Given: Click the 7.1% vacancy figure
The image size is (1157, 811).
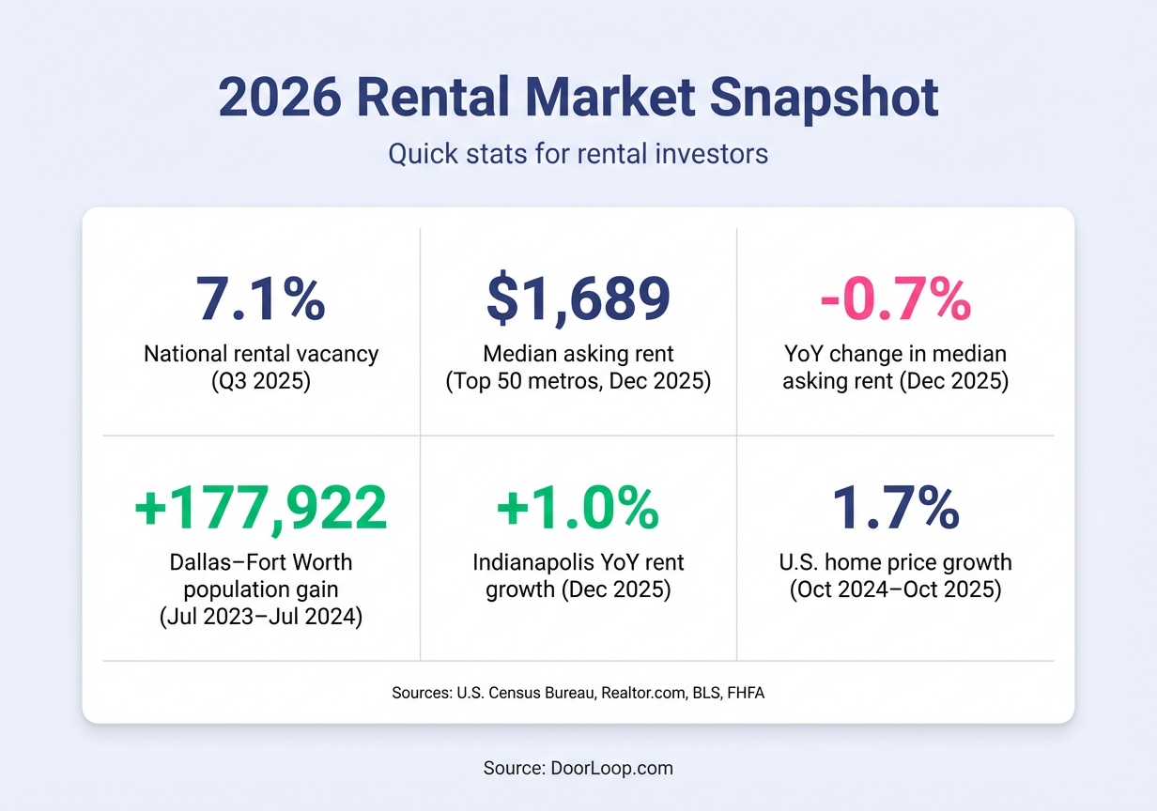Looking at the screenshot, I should click(x=261, y=298).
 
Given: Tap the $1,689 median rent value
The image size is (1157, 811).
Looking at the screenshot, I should click(x=578, y=298).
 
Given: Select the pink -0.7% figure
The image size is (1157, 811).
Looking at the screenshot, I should click(x=895, y=298).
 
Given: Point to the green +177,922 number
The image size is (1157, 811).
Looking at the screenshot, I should click(x=261, y=508).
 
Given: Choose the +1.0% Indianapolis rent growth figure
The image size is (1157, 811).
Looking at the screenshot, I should click(x=578, y=508).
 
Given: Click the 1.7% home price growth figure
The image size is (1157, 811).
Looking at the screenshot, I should click(x=895, y=508).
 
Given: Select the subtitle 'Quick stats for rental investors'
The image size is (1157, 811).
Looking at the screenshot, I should click(x=578, y=153).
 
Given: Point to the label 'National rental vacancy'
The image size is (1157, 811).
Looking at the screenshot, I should click(x=261, y=354).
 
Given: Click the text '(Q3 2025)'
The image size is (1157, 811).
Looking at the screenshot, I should click(x=261, y=381).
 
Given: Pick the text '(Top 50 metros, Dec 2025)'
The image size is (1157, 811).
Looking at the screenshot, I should click(x=578, y=381).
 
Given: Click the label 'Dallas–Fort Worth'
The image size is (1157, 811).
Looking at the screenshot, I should click(x=261, y=562).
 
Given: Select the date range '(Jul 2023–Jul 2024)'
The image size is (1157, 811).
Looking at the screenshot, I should click(x=261, y=618).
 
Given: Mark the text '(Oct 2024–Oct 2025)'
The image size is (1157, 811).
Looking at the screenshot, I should click(x=895, y=590).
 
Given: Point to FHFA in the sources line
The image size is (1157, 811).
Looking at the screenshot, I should click(x=746, y=694).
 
